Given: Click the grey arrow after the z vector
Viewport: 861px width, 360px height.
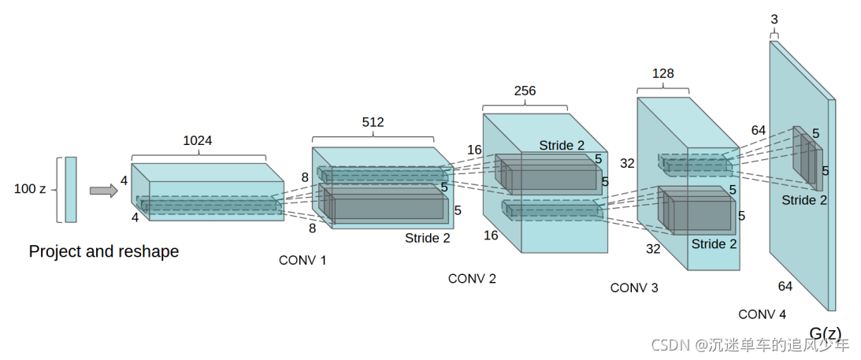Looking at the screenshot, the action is click(104, 191).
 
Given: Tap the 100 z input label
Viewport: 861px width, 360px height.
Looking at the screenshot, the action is click(30, 189).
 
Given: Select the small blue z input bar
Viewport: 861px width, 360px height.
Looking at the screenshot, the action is click(71, 189).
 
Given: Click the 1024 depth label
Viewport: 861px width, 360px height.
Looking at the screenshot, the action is click(198, 140).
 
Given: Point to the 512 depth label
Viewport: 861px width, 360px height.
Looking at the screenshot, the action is click(373, 122).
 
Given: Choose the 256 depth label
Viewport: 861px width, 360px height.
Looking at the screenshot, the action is click(525, 91).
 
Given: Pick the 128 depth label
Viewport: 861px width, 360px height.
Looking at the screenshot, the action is click(662, 73).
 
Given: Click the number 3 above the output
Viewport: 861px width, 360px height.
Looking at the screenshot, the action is click(774, 20).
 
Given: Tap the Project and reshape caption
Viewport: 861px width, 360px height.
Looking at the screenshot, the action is click(104, 252).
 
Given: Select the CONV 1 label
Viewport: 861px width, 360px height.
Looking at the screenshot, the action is click(302, 261).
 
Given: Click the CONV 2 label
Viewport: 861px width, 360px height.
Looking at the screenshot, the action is click(472, 279).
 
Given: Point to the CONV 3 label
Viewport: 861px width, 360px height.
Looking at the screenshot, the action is click(634, 288).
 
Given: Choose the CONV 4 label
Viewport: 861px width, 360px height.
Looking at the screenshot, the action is click(763, 314).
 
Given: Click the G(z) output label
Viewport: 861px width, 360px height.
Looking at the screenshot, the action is click(826, 333).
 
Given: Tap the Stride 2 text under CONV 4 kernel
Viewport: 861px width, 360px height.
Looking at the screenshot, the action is click(804, 200).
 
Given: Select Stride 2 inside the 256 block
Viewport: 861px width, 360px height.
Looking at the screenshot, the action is click(562, 146).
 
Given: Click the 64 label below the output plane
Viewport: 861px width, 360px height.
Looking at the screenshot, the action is click(785, 286).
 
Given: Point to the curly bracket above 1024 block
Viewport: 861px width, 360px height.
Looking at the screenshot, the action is click(199, 156).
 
